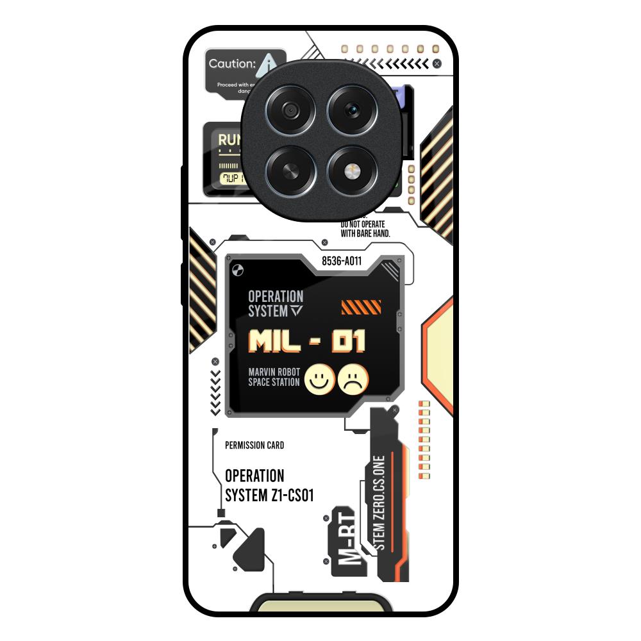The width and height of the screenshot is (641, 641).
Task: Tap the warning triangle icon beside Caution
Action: [269, 63]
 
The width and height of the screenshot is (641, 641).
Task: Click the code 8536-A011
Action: [342, 262]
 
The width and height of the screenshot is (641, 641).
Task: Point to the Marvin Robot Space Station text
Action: [274, 378]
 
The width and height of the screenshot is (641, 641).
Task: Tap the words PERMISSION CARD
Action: [254, 445]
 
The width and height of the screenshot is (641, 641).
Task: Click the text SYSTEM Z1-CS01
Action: [269, 495]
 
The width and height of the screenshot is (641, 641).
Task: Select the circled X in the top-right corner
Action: [437, 63]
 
